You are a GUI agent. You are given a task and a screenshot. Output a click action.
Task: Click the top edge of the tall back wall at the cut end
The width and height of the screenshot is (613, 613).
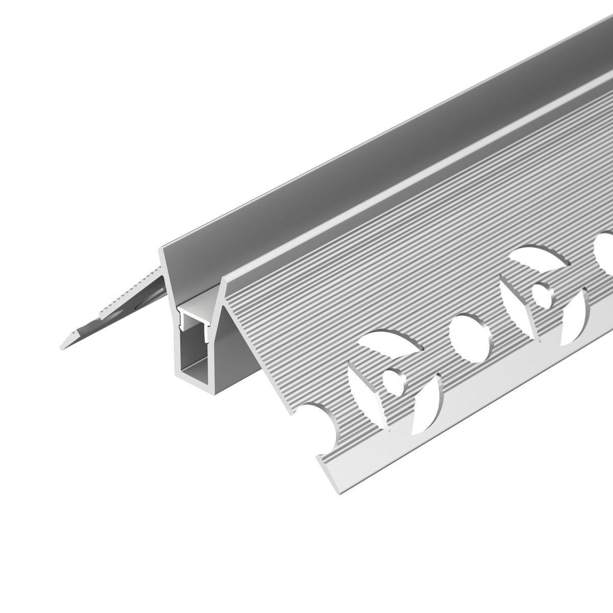(x=164, y=246)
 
